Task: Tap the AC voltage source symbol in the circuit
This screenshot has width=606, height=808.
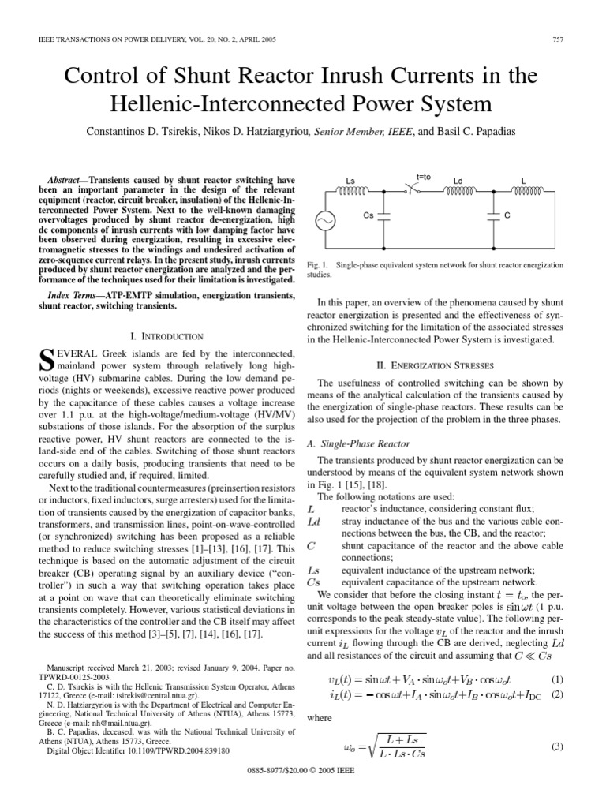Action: pos(324,222)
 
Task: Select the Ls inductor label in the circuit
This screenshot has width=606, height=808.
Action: pos(350,181)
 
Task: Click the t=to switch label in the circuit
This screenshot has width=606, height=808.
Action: pos(425,178)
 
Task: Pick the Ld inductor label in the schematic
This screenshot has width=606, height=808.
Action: pos(459,181)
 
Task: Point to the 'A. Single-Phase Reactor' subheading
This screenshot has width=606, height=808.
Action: pos(357,444)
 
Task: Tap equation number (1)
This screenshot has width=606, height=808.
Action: pos(557,679)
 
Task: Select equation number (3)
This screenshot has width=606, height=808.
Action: pos(557,747)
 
